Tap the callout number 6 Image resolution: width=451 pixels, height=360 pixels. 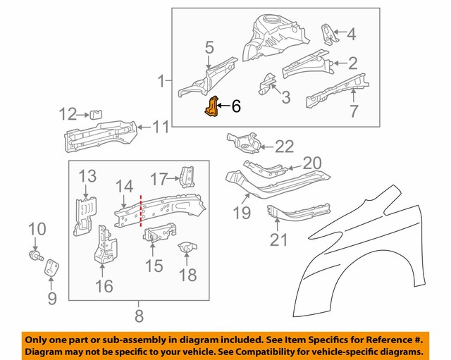[235, 107]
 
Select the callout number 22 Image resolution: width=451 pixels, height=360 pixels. [284, 147]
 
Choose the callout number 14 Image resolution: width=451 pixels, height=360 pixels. [125, 187]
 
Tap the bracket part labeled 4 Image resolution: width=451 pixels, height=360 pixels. [327, 33]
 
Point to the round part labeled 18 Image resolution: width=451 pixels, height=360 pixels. [187, 249]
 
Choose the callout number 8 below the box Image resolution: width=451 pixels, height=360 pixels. [139, 316]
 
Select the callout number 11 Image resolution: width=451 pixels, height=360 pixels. [161, 128]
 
